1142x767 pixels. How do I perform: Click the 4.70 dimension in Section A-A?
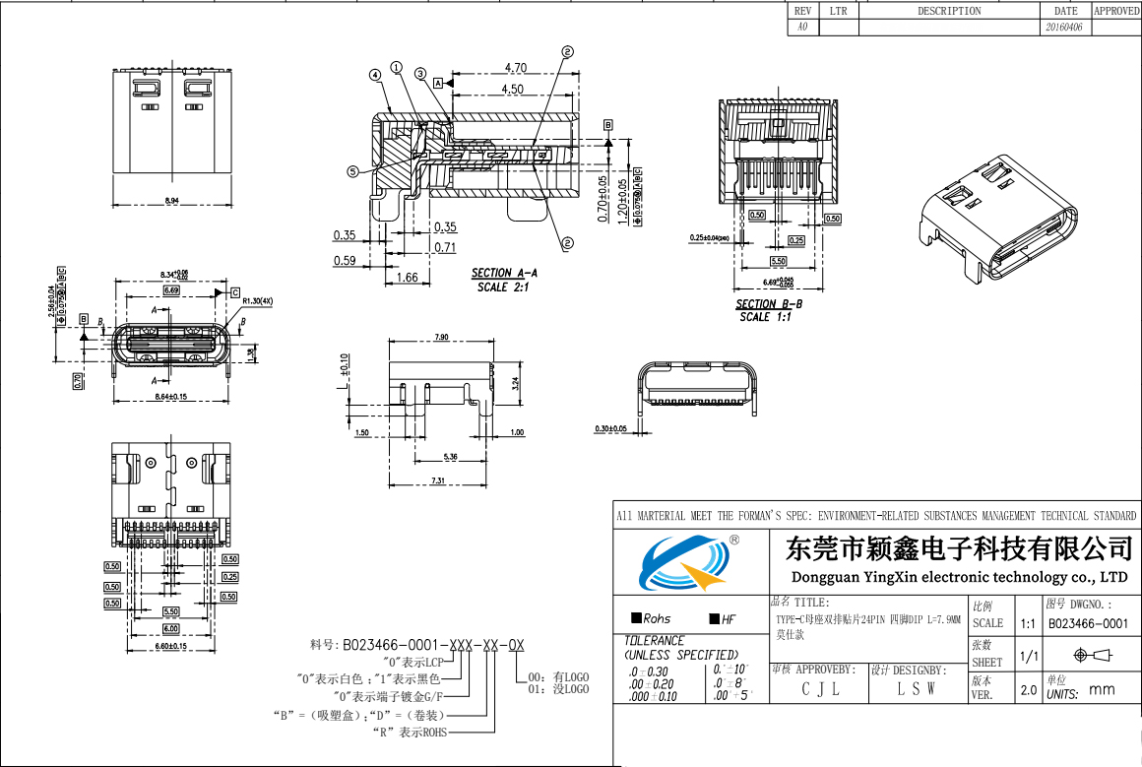pyautogui.click(x=515, y=68)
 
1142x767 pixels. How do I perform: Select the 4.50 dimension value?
pyautogui.click(x=513, y=89)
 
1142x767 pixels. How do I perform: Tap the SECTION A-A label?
pyautogui.click(x=504, y=273)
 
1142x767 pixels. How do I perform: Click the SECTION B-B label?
pyautogui.click(x=769, y=304)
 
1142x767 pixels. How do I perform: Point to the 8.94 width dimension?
pyautogui.click(x=171, y=201)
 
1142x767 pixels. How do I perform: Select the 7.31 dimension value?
pyautogui.click(x=438, y=480)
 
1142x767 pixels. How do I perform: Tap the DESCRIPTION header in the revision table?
pyautogui.click(x=949, y=11)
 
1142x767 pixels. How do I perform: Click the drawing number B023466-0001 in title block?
pyautogui.click(x=1087, y=623)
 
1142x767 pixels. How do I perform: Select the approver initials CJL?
pyautogui.click(x=820, y=689)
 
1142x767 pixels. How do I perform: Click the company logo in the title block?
pyautogui.click(x=689, y=562)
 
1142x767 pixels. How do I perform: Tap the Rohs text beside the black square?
pyautogui.click(x=657, y=619)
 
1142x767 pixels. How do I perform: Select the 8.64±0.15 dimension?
pyautogui.click(x=172, y=397)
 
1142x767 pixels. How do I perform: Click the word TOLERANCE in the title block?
pyautogui.click(x=655, y=641)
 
